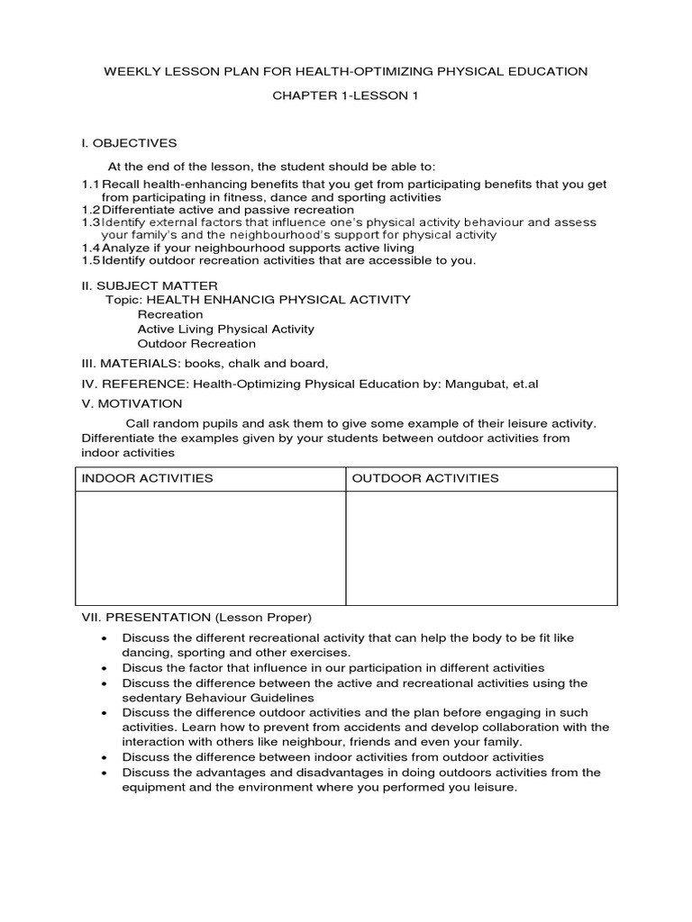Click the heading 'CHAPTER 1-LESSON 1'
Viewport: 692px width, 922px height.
click(x=346, y=96)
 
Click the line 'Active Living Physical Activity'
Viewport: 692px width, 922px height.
click(x=225, y=329)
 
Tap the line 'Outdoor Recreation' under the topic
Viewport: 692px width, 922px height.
click(x=196, y=343)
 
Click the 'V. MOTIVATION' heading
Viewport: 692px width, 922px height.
click(x=132, y=403)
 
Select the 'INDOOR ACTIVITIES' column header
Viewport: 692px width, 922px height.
click(x=148, y=478)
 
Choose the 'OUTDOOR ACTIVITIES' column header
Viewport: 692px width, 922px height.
click(x=425, y=478)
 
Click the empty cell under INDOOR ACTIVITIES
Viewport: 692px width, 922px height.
click(x=210, y=547)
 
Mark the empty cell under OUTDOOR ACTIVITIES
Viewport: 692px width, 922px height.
click(x=482, y=547)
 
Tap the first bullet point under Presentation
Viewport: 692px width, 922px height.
click(x=105, y=638)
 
